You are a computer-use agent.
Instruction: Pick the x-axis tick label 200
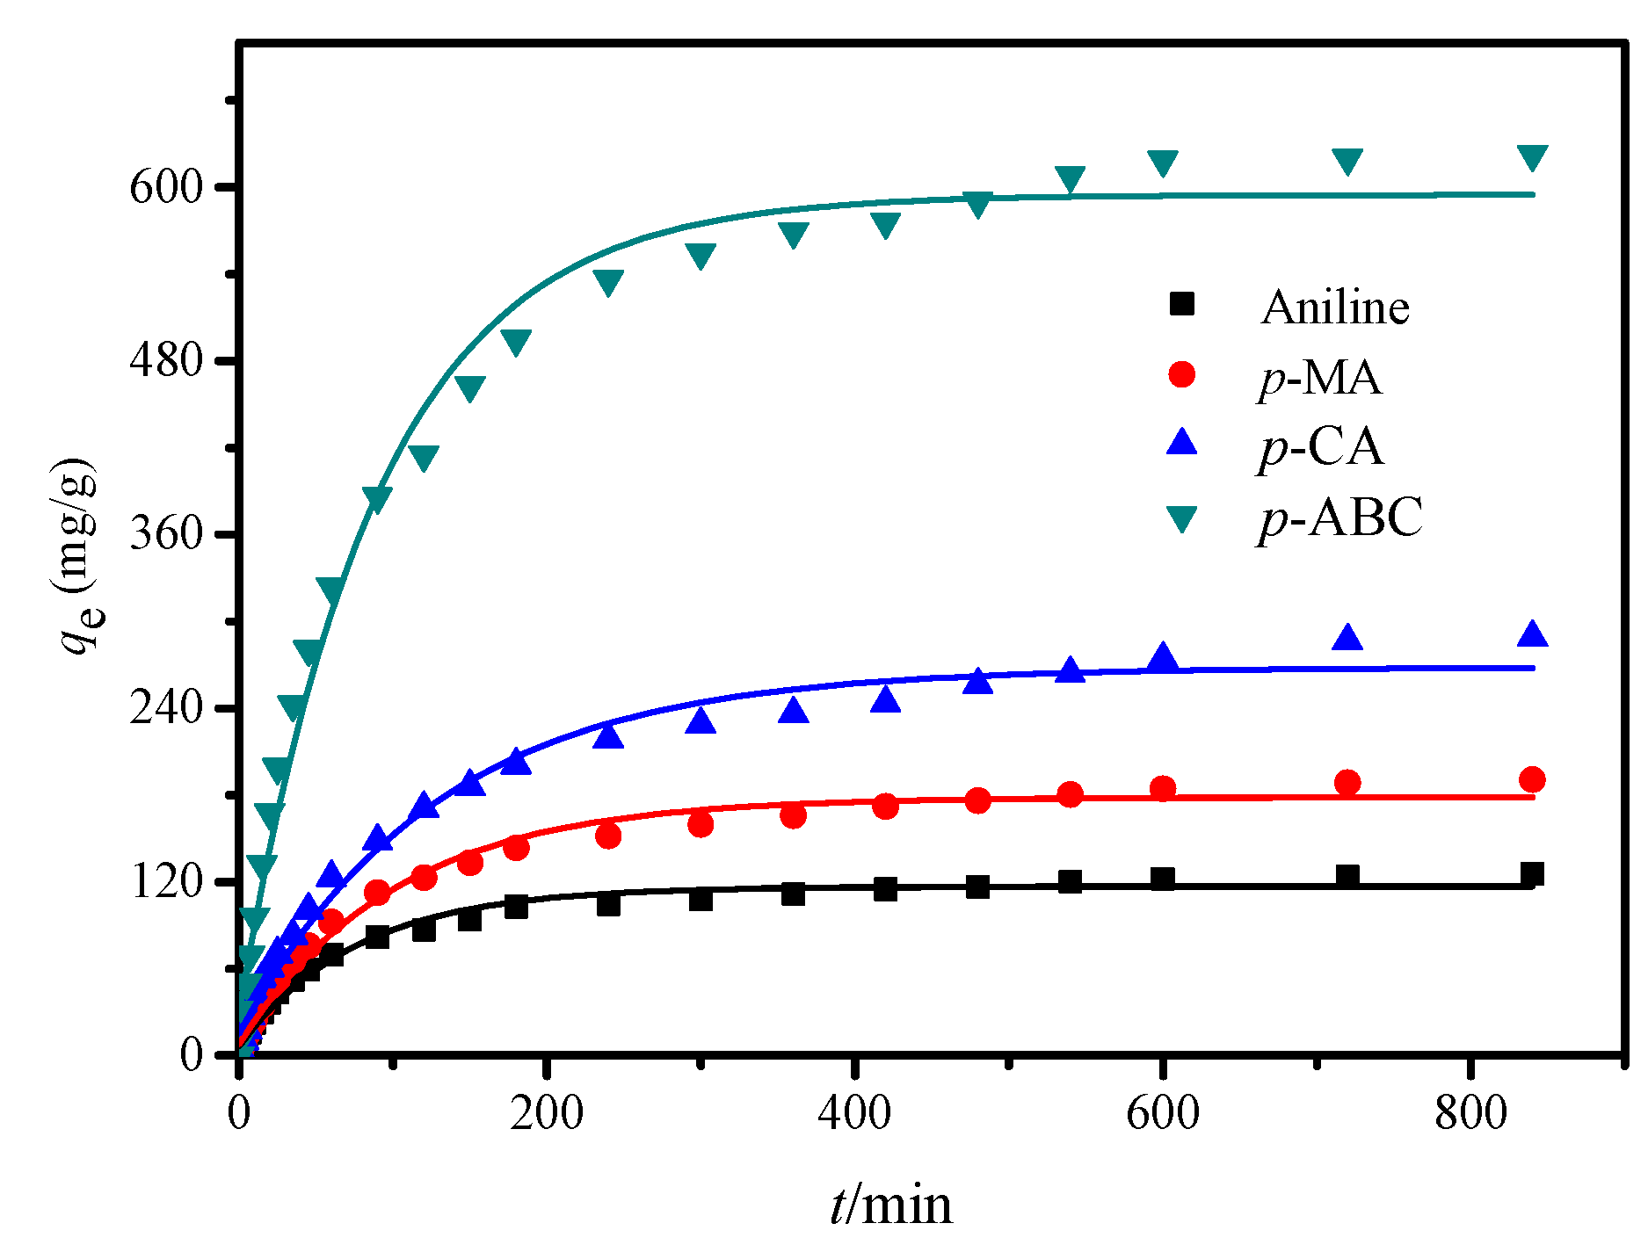tap(547, 1113)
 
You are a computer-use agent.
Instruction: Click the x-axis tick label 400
tap(854, 1113)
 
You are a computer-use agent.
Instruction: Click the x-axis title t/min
tap(890, 1204)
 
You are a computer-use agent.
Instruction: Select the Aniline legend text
tap(1334, 307)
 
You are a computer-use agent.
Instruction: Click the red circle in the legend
tap(1182, 374)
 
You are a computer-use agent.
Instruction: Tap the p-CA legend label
tap(1320, 446)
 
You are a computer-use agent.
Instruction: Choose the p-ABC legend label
tap(1339, 517)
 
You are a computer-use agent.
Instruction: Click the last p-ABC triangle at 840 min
tap(1532, 157)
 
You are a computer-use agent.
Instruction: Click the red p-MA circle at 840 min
tap(1532, 779)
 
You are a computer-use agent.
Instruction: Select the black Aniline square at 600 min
tap(1162, 879)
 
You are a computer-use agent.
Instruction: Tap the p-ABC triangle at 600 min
tap(1162, 163)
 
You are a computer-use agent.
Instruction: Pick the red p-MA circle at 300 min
tap(701, 824)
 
